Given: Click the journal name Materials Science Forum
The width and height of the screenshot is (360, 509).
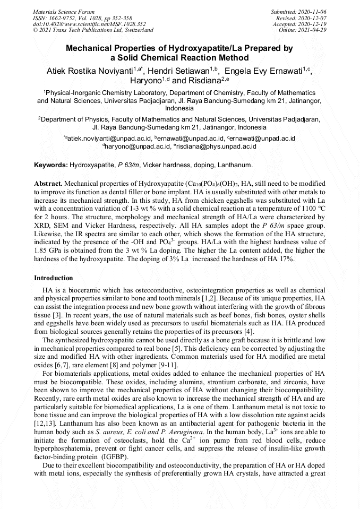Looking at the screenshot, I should coord(64,11).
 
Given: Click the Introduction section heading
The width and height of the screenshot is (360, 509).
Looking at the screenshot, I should coord(54,278).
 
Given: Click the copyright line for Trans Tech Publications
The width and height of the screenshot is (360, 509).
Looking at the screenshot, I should coord(93,30).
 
